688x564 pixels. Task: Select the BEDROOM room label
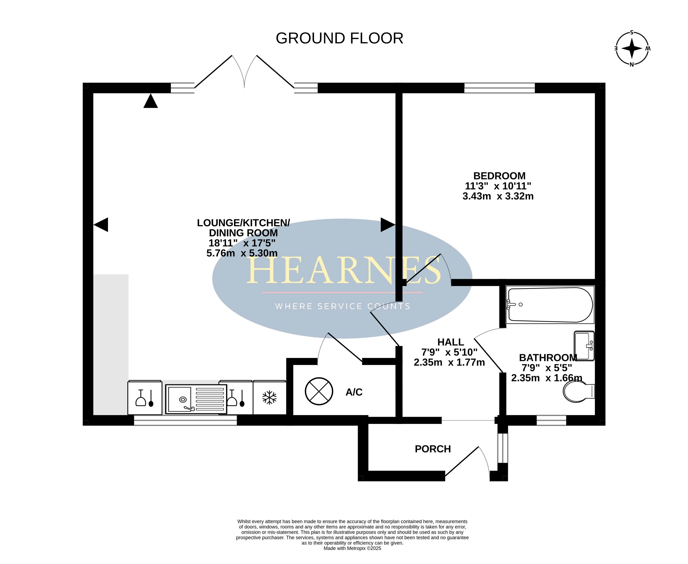click(x=499, y=176)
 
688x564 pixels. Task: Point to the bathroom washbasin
click(x=584, y=346)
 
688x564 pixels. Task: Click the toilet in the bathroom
click(x=579, y=391)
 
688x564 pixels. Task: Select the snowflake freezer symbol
click(x=269, y=398)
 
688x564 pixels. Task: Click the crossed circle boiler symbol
click(x=319, y=391)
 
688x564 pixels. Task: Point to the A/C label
click(x=354, y=392)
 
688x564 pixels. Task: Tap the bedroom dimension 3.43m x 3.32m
click(x=498, y=196)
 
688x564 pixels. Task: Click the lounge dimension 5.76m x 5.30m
click(x=242, y=253)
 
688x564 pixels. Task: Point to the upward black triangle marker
click(x=150, y=101)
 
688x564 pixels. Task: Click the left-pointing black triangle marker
click(x=101, y=225)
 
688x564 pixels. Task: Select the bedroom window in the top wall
click(x=499, y=88)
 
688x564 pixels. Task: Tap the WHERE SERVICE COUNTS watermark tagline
click(x=343, y=306)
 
